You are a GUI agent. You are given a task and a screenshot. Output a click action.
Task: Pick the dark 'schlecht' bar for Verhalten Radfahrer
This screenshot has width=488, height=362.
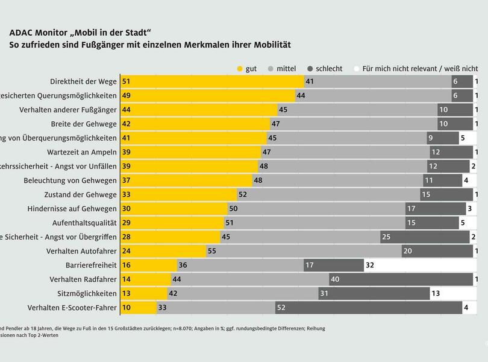point(401,279)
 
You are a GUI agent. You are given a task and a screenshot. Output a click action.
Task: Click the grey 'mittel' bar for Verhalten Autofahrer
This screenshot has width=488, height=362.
point(304,251)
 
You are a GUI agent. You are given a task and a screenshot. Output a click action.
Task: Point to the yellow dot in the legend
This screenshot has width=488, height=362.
point(239,69)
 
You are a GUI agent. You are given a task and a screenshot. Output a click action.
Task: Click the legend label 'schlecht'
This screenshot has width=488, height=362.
point(329,69)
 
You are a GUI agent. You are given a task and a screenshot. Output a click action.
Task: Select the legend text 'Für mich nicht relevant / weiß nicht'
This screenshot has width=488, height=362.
point(420,69)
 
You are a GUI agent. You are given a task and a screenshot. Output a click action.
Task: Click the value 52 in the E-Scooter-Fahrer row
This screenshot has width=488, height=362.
point(281,308)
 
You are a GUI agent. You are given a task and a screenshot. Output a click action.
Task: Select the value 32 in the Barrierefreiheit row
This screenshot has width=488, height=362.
point(370,265)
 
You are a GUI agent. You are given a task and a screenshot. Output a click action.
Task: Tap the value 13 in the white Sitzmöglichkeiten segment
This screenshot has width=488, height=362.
point(436,293)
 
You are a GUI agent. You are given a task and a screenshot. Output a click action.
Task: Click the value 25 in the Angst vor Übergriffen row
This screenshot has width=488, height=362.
point(386,237)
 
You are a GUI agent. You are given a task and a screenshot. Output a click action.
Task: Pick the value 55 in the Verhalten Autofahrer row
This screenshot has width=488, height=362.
point(211,251)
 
